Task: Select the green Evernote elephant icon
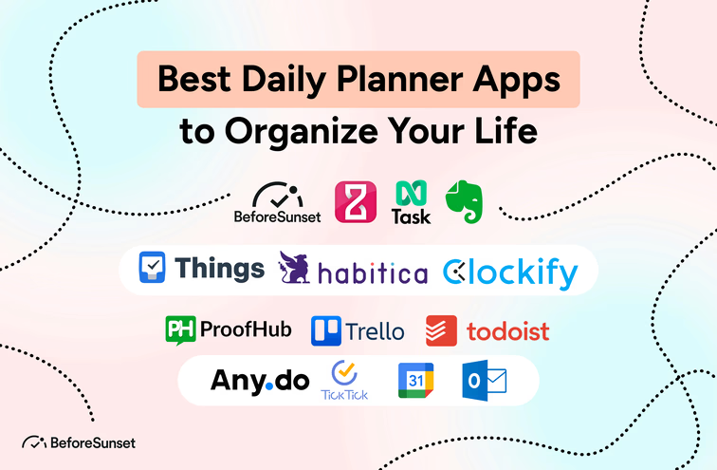pyautogui.click(x=465, y=202)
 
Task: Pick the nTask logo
pyautogui.click(x=411, y=202)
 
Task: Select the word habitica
pyautogui.click(x=373, y=273)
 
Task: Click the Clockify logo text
pyautogui.click(x=510, y=273)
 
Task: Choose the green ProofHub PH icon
pyautogui.click(x=180, y=329)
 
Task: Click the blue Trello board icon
pyautogui.click(x=326, y=330)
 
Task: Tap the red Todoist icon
pyautogui.click(x=441, y=329)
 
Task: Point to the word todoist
pyautogui.click(x=507, y=331)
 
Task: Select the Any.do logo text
pyautogui.click(x=260, y=381)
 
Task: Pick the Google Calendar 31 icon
pyautogui.click(x=415, y=380)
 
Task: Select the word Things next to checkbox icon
pyautogui.click(x=219, y=268)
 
